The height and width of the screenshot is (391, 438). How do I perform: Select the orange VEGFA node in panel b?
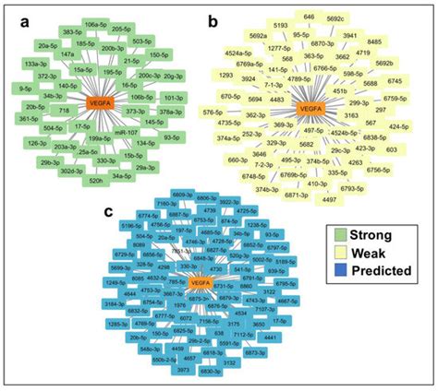311,110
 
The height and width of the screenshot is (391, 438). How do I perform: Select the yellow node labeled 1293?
226,75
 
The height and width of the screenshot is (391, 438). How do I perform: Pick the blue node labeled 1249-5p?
115,280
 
